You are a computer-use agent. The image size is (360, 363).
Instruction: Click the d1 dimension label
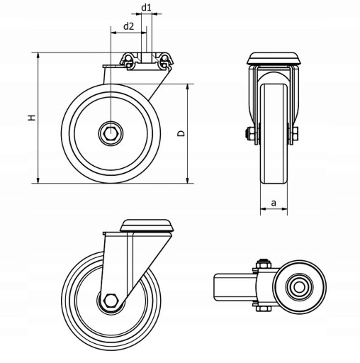click(146, 8)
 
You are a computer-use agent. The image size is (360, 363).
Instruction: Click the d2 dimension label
click(129, 26)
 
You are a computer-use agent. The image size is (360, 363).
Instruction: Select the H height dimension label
click(32, 118)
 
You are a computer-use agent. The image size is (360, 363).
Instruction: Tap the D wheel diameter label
click(181, 133)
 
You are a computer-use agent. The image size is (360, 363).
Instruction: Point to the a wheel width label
click(274, 203)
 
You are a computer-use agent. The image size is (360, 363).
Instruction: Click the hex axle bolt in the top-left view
click(111, 134)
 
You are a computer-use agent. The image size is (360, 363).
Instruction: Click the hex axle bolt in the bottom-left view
click(110, 301)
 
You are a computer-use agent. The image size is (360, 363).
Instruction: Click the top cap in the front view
click(274, 59)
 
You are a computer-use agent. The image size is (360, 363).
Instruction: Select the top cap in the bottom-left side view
click(147, 225)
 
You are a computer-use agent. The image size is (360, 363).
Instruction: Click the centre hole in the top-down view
click(299, 287)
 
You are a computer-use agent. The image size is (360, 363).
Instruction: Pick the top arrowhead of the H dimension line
click(38, 55)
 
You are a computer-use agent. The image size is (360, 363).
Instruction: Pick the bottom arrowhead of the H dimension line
click(38, 180)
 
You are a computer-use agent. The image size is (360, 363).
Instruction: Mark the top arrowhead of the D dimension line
click(188, 87)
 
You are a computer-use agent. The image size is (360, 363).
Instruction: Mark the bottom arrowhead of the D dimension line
click(188, 180)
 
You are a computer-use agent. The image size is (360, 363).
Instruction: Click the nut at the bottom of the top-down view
click(264, 308)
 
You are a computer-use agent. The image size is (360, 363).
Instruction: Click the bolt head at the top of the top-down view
click(264, 264)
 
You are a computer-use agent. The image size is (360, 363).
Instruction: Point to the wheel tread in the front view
click(274, 133)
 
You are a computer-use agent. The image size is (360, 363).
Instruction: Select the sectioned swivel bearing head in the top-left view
click(147, 61)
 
